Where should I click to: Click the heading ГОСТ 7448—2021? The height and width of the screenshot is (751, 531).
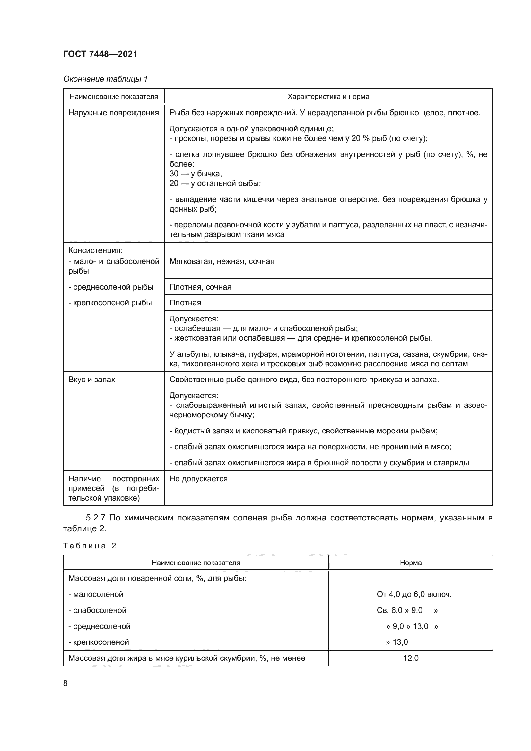click(x=100, y=54)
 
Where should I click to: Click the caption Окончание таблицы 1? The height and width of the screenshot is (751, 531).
click(x=105, y=79)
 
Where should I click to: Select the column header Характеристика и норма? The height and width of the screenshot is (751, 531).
click(x=328, y=97)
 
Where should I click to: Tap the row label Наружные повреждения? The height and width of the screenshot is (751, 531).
click(x=113, y=113)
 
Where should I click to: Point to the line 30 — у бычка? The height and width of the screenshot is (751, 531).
click(x=196, y=174)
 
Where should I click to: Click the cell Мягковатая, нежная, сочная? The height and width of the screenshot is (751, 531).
click(x=222, y=261)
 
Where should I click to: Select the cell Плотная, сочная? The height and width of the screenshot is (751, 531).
click(x=200, y=287)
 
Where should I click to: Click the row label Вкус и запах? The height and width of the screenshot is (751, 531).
click(x=91, y=380)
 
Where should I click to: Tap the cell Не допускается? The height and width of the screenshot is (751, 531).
click(x=198, y=478)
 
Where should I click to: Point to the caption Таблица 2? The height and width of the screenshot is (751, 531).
click(x=90, y=546)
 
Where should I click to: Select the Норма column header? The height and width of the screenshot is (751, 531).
click(x=410, y=563)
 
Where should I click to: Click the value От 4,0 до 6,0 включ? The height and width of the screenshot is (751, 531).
click(x=413, y=594)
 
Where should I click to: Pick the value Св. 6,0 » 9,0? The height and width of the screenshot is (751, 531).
click(x=399, y=610)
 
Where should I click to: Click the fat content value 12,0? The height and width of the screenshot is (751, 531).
click(x=411, y=658)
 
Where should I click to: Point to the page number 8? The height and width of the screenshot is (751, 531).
click(x=65, y=683)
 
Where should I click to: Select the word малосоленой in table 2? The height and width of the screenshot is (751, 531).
click(x=98, y=594)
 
